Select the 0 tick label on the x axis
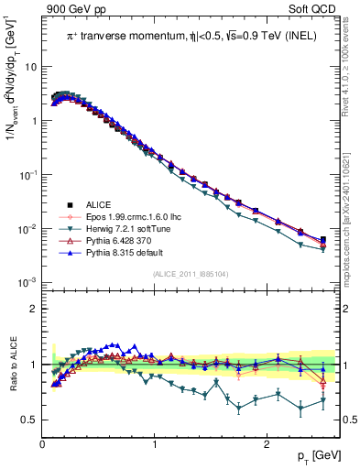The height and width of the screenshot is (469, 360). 42,444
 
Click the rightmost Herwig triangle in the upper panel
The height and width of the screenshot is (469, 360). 322,249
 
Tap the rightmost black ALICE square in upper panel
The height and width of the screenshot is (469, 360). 322,240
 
